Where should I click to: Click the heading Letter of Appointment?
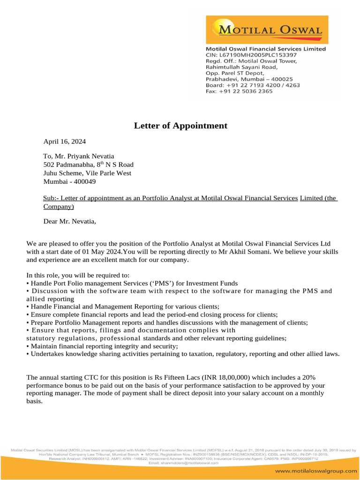point(180,126)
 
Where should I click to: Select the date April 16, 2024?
point(65,141)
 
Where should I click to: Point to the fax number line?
point(239,91)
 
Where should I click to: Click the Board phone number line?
point(253,85)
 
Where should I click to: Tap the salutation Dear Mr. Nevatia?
point(69,221)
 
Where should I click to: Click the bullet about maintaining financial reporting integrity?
point(102,346)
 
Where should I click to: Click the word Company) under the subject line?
point(59,206)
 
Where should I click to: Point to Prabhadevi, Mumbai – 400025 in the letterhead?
point(249,79)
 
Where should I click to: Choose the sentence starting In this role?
point(78,275)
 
